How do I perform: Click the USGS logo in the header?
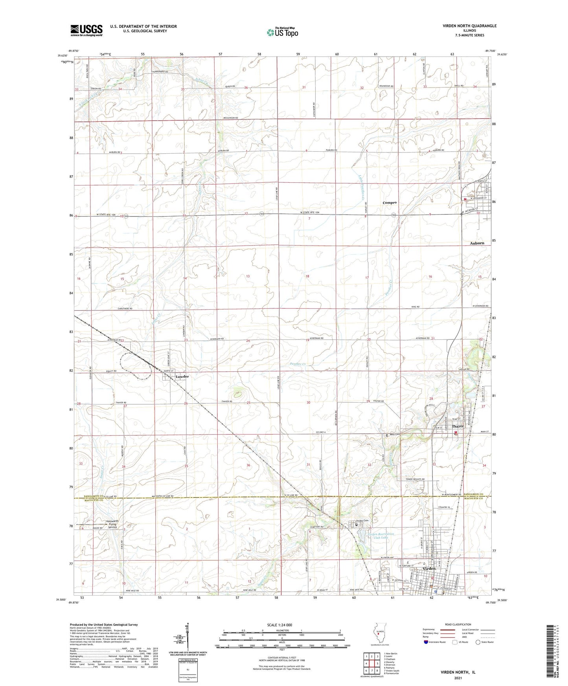86,30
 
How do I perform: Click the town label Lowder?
182,376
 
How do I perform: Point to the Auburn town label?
477,243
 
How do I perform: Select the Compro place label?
390,203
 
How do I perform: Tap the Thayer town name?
458,426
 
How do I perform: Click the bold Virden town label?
429,569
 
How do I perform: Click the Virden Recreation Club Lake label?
381,536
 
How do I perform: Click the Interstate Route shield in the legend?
426,653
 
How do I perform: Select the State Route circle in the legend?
478,653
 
